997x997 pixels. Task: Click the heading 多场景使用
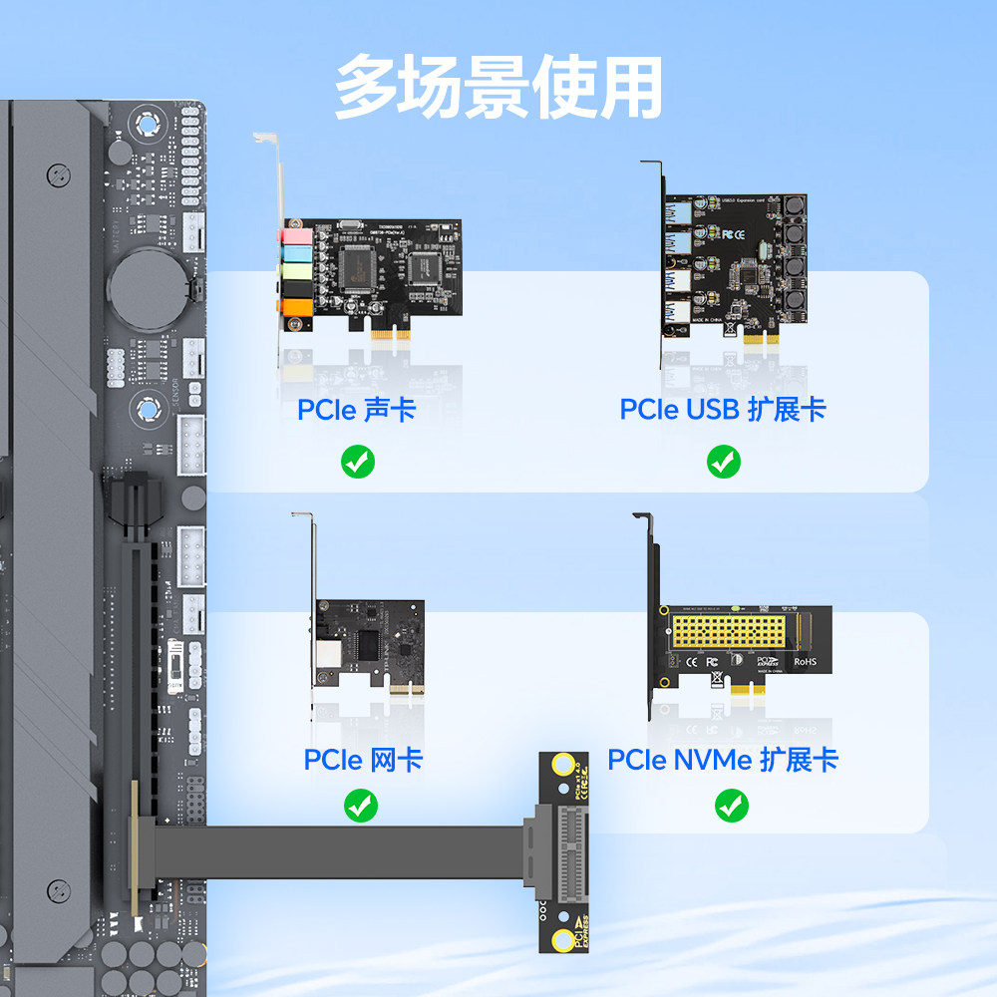498,88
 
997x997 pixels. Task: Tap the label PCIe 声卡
356,410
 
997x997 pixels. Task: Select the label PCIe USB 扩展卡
723,410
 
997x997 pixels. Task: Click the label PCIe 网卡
363,760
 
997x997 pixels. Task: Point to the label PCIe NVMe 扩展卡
723,760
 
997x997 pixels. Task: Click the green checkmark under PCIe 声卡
358,462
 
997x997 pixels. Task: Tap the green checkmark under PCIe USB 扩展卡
724,462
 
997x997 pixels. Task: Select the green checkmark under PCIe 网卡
360,805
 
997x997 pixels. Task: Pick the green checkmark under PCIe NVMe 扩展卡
732,805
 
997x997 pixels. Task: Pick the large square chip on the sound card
357,265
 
